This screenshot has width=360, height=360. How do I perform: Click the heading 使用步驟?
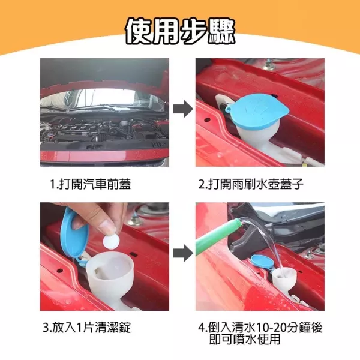180,31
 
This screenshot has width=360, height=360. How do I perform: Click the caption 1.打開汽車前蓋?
91,184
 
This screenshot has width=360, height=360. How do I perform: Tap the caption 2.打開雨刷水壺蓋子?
251,184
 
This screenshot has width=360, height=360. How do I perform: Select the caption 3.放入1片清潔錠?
87,327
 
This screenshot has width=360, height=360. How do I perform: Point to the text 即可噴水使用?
245,339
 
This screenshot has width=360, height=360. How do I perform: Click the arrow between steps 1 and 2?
183,109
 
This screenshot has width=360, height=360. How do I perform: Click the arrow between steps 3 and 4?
183,253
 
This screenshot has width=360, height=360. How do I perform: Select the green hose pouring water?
218,236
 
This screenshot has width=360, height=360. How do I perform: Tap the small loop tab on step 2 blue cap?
227,109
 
